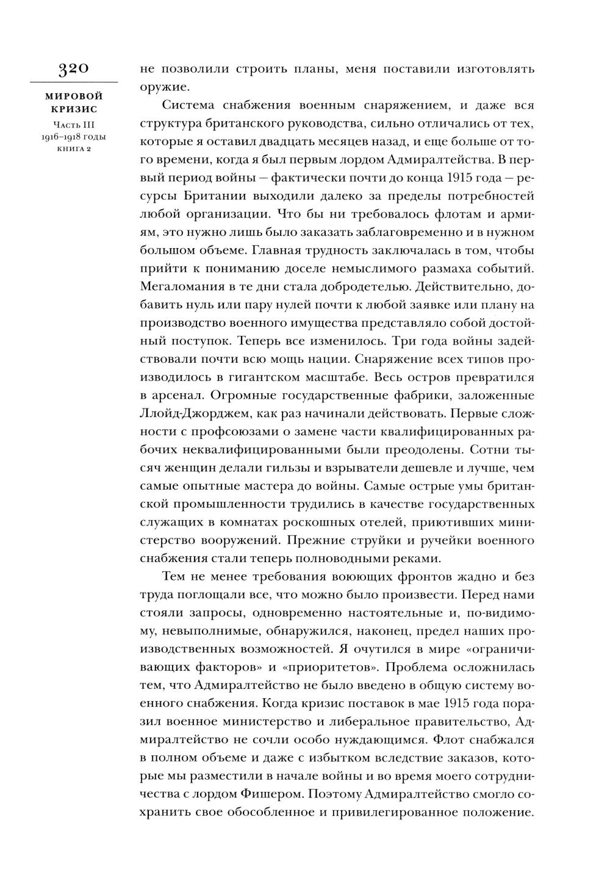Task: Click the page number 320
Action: pos(74,68)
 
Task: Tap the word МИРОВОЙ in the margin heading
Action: pos(74,96)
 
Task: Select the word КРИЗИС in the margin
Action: pos(74,109)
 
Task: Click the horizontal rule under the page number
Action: pos(74,82)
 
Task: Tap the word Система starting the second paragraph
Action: pos(190,106)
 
